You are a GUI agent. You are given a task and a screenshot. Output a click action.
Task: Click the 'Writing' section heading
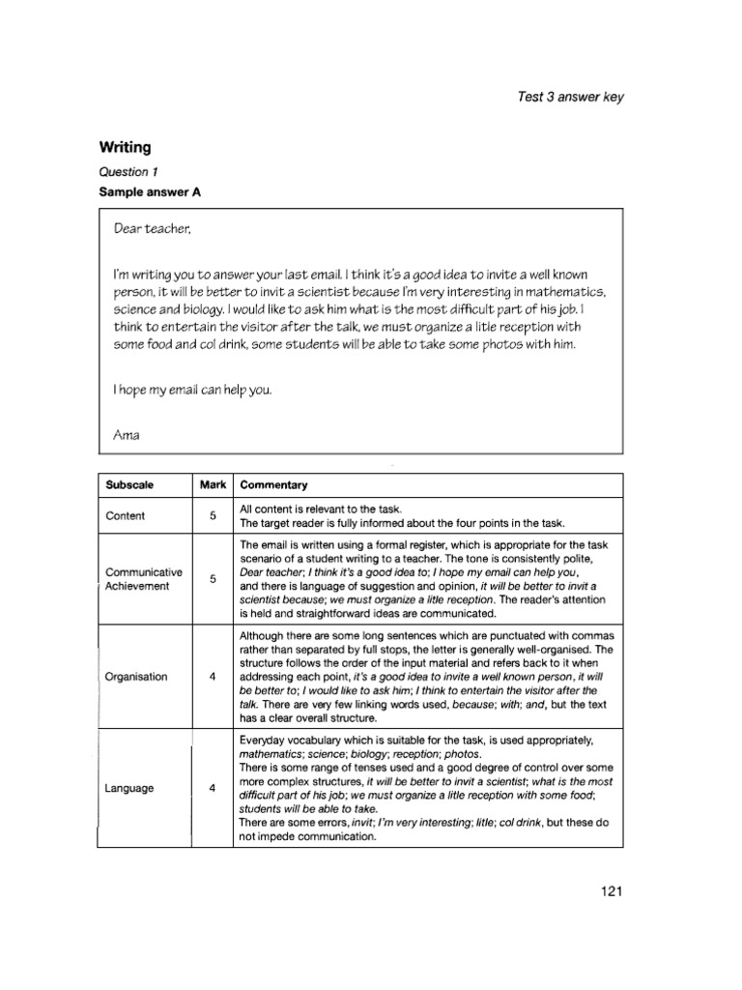(x=126, y=148)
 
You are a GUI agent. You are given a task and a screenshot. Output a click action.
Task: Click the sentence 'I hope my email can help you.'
(x=192, y=391)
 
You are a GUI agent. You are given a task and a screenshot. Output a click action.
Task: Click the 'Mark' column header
(x=213, y=484)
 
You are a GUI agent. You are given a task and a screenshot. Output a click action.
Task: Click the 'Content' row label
(x=125, y=516)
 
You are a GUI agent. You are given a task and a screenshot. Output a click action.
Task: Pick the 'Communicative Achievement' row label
(x=143, y=579)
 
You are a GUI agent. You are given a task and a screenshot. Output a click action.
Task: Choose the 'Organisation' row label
(x=136, y=677)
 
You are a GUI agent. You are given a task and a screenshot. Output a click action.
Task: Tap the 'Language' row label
(x=129, y=788)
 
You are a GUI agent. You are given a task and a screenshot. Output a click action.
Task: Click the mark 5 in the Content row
(x=213, y=516)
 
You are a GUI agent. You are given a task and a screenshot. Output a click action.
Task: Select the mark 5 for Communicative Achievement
(x=213, y=579)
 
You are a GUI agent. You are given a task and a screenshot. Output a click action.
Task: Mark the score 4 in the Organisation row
(x=213, y=677)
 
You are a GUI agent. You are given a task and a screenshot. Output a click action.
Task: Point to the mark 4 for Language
(x=213, y=788)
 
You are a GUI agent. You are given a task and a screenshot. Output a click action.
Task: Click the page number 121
(x=612, y=890)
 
